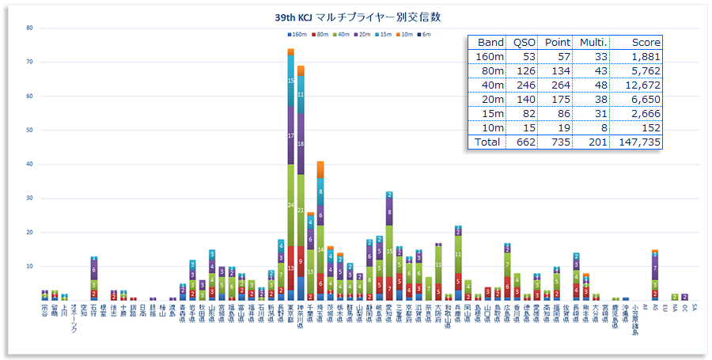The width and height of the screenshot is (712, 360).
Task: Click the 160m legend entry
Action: pyautogui.click(x=297, y=34)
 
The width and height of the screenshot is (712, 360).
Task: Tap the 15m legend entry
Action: pyautogui.click(x=381, y=34)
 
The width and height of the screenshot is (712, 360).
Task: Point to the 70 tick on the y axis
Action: pyautogui.click(x=29, y=62)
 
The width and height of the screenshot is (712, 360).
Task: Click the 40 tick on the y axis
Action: pyautogui.click(x=29, y=164)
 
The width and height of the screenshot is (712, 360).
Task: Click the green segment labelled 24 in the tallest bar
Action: pyautogui.click(x=291, y=205)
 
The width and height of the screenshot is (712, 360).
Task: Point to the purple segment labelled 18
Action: pyautogui.click(x=301, y=144)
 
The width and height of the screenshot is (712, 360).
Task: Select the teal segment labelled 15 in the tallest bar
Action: pyautogui.click(x=291, y=80)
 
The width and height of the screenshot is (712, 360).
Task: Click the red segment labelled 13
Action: pyautogui.click(x=291, y=267)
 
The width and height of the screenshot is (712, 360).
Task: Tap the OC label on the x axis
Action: pyautogui.click(x=684, y=307)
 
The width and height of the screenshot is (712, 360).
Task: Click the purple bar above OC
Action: pyautogui.click(x=684, y=297)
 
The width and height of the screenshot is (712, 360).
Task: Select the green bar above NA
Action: pyautogui.click(x=675, y=297)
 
